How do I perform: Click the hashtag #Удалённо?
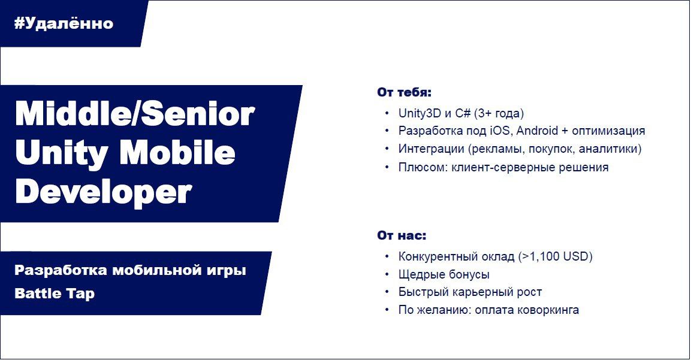pos(64,23)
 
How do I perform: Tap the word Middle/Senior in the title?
pos(135,114)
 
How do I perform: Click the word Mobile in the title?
pos(177,152)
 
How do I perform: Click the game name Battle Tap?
pos(55,294)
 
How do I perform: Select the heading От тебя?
pos(404,92)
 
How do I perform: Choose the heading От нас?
pos(402,235)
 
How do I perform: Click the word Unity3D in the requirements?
pos(420,113)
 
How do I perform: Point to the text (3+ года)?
pos(499,113)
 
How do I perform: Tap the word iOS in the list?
pos(500,131)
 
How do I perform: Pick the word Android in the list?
pos(537,131)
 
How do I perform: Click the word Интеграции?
pos(432,149)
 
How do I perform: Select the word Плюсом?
pos(423,167)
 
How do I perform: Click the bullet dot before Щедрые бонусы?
pos(387,274)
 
